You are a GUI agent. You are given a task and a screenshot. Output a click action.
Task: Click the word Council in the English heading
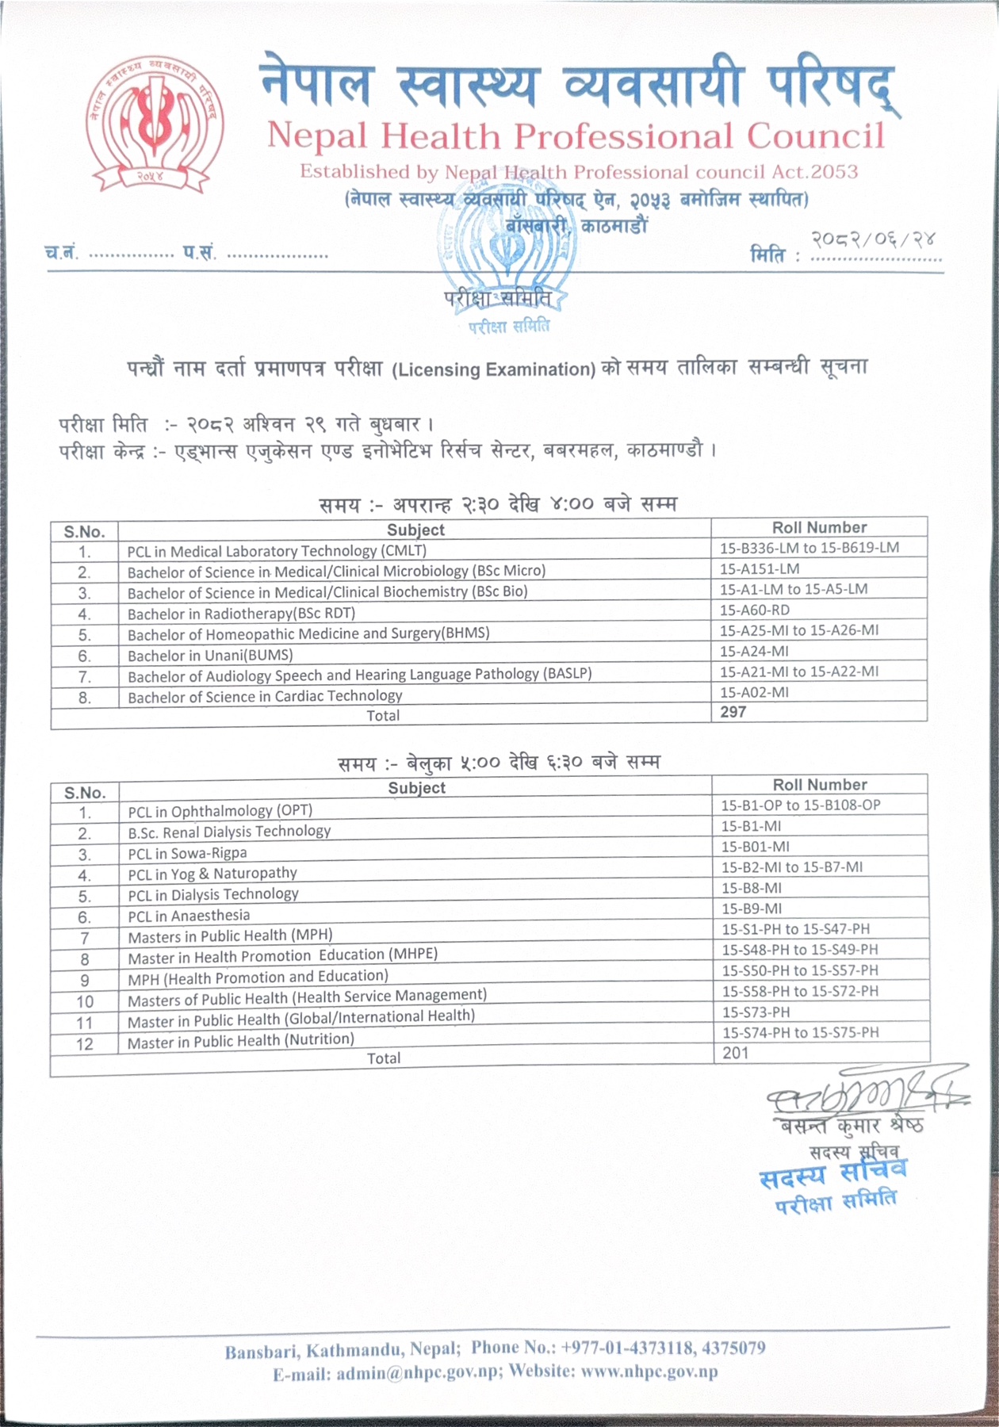point(815,137)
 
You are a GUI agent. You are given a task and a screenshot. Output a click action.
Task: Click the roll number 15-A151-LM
point(760,568)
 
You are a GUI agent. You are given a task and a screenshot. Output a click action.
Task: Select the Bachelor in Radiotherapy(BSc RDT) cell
point(241,614)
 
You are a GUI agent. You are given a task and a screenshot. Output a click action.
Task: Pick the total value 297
point(733,712)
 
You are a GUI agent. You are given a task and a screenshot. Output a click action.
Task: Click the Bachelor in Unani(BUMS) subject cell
point(210,656)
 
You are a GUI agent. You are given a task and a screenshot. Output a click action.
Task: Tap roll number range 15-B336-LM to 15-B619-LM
point(810,548)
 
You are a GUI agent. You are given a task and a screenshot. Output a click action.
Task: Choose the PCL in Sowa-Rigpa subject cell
point(187,853)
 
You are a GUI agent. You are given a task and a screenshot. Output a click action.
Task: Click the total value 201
point(735,1053)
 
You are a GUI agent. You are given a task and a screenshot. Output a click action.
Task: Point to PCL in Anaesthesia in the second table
point(189,916)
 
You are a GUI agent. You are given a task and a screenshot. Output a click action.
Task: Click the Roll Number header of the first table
point(819,527)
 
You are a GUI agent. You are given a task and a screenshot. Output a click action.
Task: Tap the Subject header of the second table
point(416,788)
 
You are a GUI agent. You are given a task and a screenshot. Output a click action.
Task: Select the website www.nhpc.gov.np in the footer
point(649,1372)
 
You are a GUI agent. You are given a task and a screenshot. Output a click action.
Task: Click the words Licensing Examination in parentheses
point(493,369)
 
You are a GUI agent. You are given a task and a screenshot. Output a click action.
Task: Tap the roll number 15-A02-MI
point(754,692)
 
